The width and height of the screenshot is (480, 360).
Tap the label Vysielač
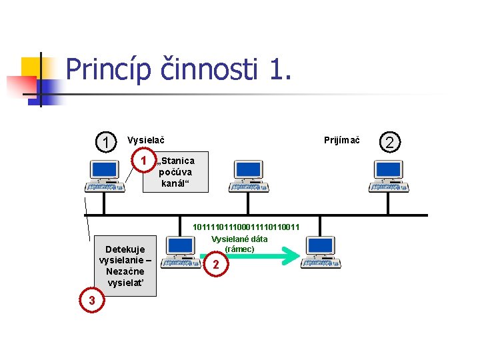pos(146,140)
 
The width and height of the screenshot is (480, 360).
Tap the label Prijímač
pos(341,140)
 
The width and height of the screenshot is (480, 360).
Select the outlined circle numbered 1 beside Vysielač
pos(105,142)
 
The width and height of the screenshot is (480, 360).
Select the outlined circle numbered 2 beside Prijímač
pos(391,141)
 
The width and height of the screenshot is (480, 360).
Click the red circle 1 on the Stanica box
pos(142,161)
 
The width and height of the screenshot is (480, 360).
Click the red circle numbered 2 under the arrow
pos(215,265)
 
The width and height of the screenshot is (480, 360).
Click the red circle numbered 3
pos(92,301)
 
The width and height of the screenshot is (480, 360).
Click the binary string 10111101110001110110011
pos(246,227)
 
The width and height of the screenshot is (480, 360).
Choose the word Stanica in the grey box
pos(178,161)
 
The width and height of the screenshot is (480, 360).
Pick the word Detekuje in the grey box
pos(125,249)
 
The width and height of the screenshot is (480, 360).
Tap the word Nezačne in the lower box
pos(125,271)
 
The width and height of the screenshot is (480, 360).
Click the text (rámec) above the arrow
pos(239,249)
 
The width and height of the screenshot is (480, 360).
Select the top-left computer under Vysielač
pos(105,177)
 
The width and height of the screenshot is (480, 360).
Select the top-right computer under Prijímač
pos(389,177)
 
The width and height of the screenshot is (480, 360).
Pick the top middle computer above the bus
pos(248,177)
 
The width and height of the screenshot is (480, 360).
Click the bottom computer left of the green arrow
pos(181,253)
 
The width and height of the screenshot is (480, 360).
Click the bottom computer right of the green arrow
pos(321,253)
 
